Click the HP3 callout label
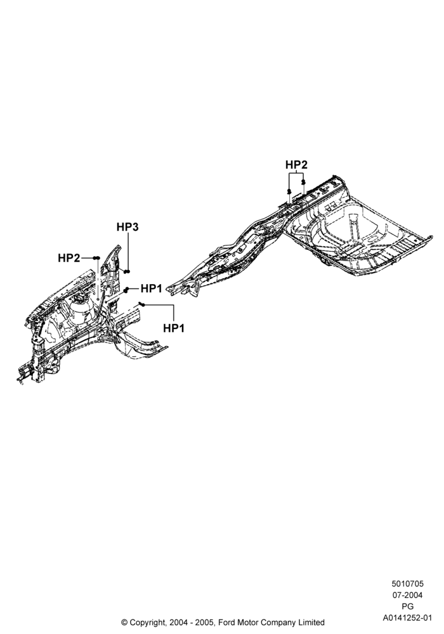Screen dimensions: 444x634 127,227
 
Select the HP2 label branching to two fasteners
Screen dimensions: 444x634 296,165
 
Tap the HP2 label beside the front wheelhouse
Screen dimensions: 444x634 69,258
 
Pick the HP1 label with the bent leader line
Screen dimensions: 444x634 173,328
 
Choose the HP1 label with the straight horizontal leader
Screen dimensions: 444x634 151,288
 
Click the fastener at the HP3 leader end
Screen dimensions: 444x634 127,271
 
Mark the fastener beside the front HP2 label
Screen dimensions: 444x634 96,258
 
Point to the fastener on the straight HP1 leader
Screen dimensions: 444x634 126,290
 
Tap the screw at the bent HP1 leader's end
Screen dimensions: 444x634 141,304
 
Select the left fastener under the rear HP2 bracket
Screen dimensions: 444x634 289,191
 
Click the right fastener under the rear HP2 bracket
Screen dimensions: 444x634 303,183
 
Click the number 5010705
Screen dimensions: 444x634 407,584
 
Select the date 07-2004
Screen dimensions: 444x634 407,595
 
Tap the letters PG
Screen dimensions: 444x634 407,607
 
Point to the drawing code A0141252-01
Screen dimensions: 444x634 407,618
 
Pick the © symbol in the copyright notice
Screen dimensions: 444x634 124,623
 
